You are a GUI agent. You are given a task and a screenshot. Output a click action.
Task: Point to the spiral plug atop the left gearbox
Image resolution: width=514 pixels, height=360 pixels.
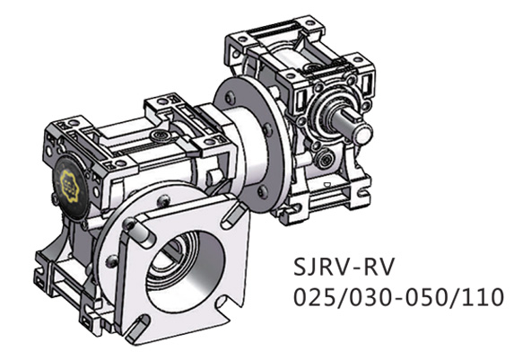click(x=159, y=138)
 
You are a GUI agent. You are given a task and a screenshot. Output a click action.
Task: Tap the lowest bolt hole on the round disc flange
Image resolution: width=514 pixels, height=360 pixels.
click(x=261, y=191)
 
